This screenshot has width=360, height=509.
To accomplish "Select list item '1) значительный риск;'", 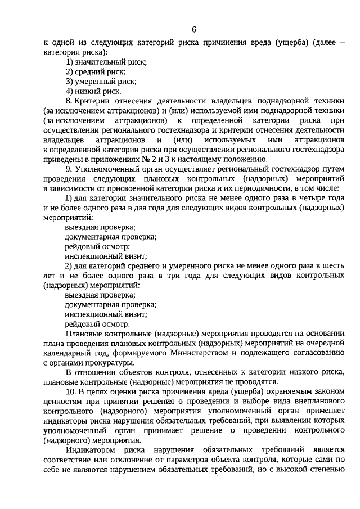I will point(106,61).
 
